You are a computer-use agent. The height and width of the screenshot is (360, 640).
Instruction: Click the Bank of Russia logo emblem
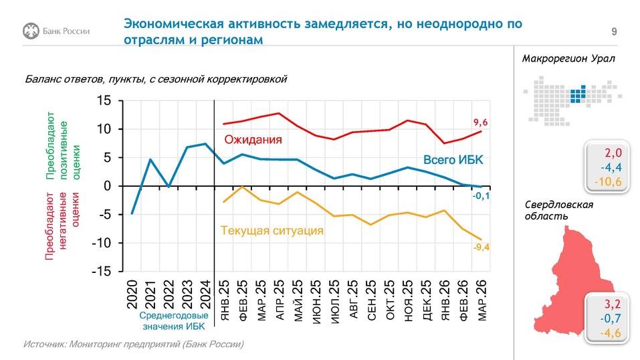tap(31, 31)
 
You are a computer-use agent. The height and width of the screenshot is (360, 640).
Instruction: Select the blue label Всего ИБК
tap(453, 159)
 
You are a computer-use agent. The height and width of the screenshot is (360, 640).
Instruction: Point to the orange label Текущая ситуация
tap(272, 230)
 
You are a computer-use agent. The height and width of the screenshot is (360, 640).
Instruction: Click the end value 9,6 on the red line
tap(482, 122)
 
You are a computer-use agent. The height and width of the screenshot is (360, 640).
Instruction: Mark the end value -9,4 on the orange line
tap(481, 248)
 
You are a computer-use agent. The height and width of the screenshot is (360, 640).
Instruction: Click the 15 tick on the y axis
tap(106, 101)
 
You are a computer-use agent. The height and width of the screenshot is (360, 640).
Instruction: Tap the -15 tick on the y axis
tap(103, 272)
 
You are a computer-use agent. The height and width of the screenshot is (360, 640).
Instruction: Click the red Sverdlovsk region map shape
tap(560, 281)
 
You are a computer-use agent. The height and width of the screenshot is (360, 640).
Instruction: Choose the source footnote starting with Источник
tap(134, 344)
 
